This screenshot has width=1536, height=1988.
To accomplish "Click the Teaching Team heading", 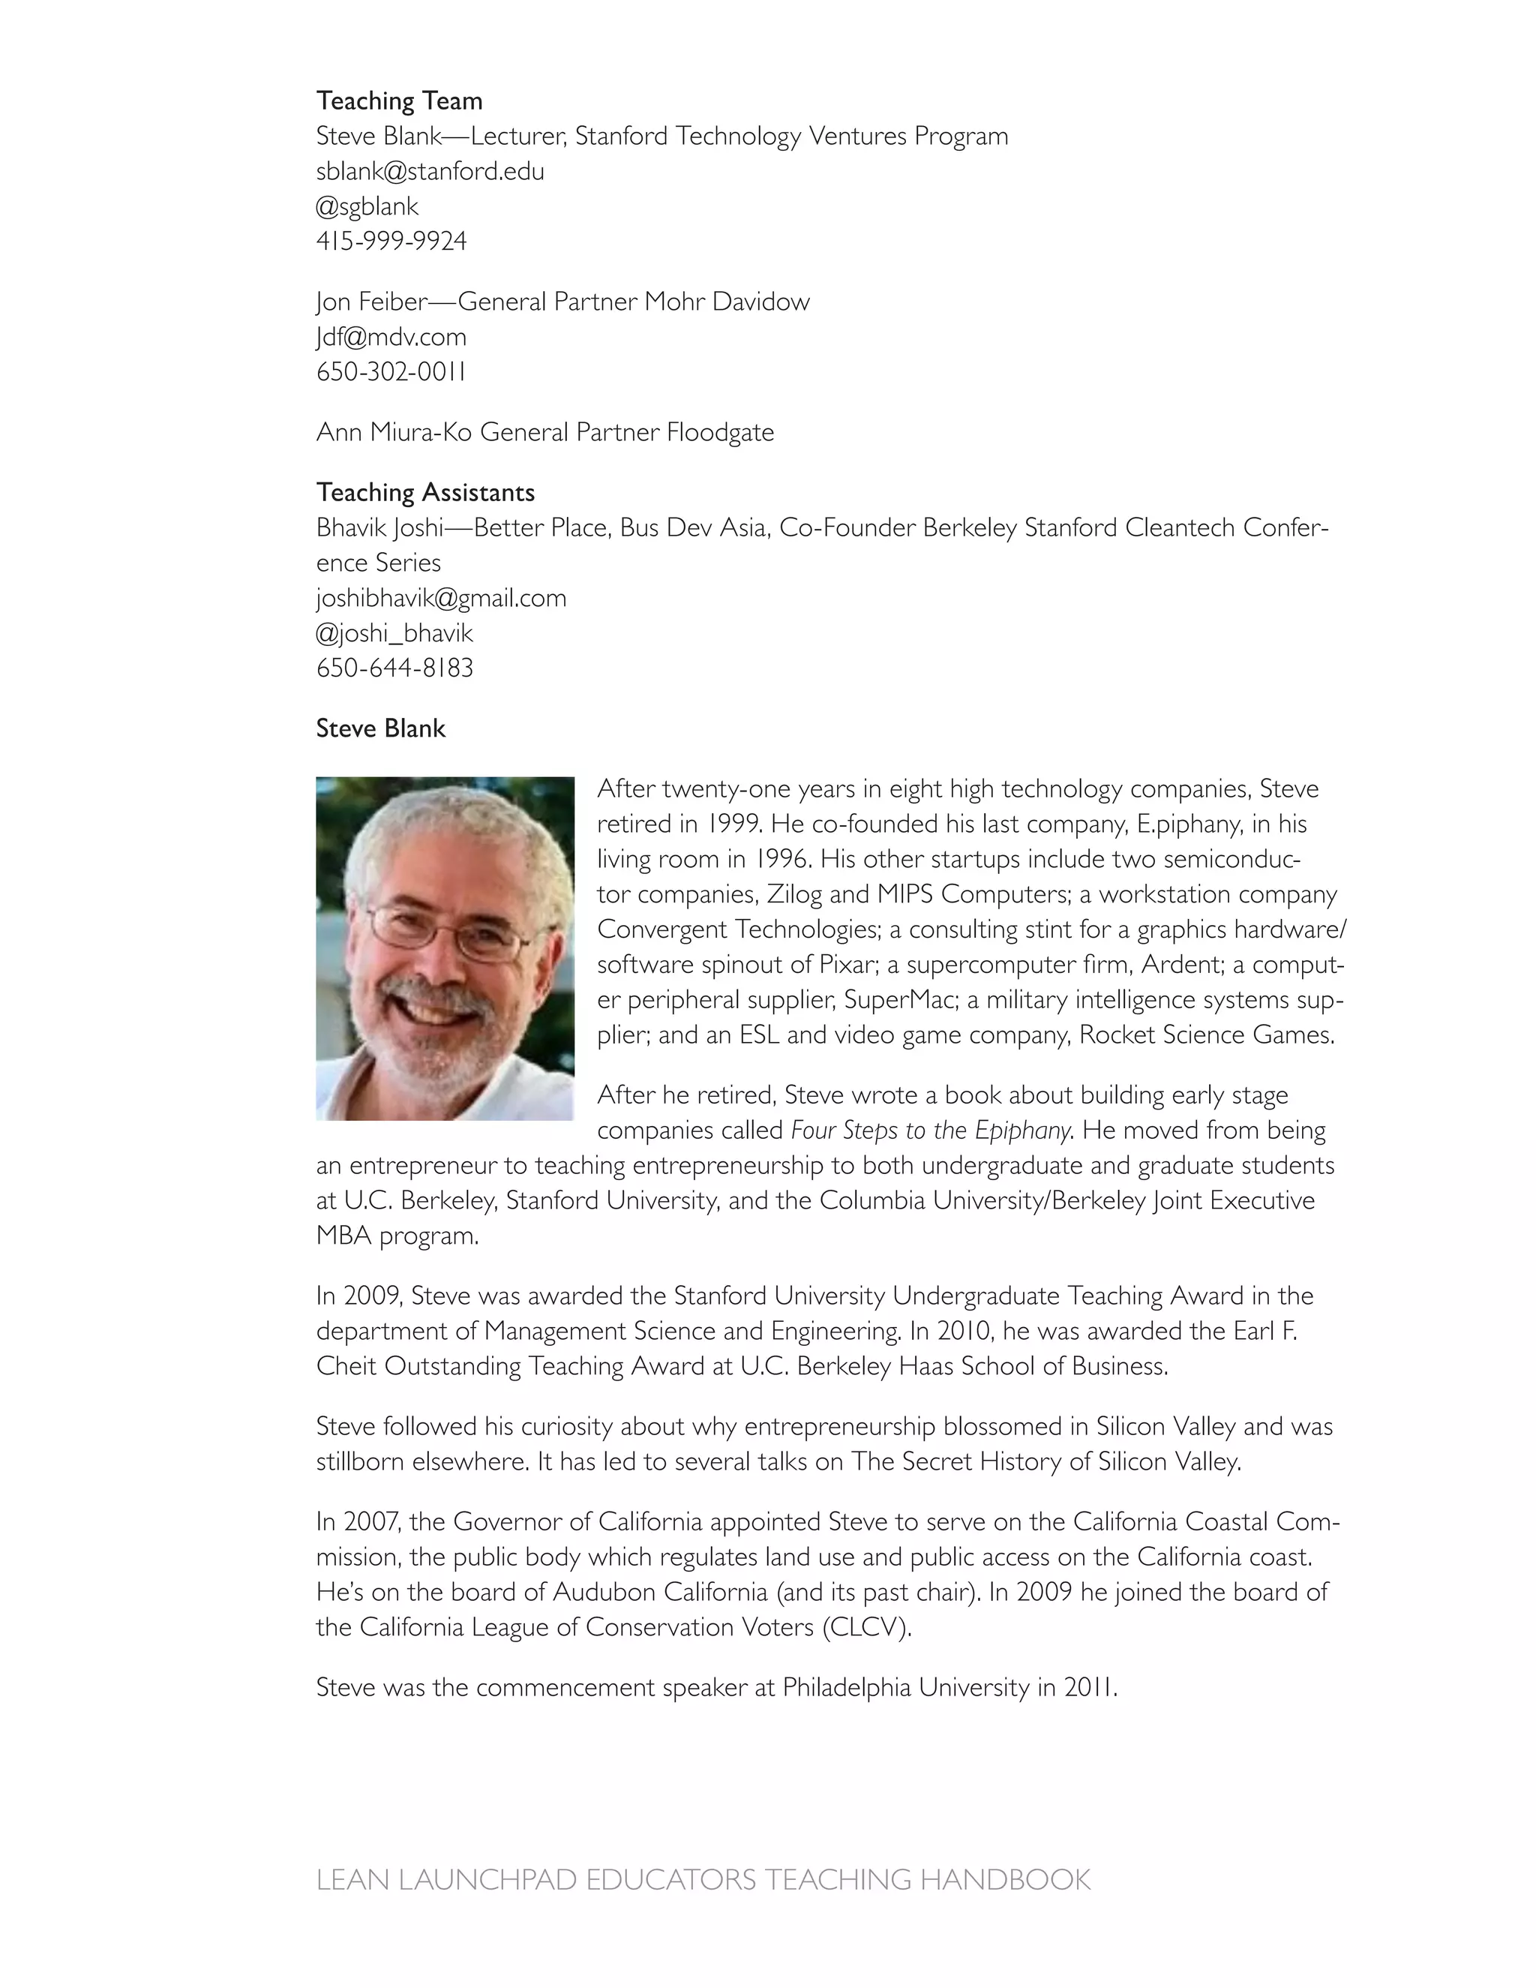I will point(398,101).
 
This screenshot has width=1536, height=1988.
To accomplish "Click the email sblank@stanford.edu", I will point(430,171).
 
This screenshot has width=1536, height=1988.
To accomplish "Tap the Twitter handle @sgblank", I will point(367,206).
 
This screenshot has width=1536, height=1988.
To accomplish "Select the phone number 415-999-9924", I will point(391,242).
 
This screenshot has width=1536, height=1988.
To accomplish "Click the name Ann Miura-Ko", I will point(393,431).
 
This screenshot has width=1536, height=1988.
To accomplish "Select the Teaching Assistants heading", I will point(425,492).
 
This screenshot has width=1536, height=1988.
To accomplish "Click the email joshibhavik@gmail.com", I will point(440,598).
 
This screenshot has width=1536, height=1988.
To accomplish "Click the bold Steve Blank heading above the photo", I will point(380,728).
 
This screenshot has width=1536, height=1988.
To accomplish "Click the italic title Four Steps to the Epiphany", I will point(930,1131).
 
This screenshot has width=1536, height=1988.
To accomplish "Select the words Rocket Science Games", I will point(1206,1035).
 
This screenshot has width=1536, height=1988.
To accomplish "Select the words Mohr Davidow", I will point(726,302).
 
